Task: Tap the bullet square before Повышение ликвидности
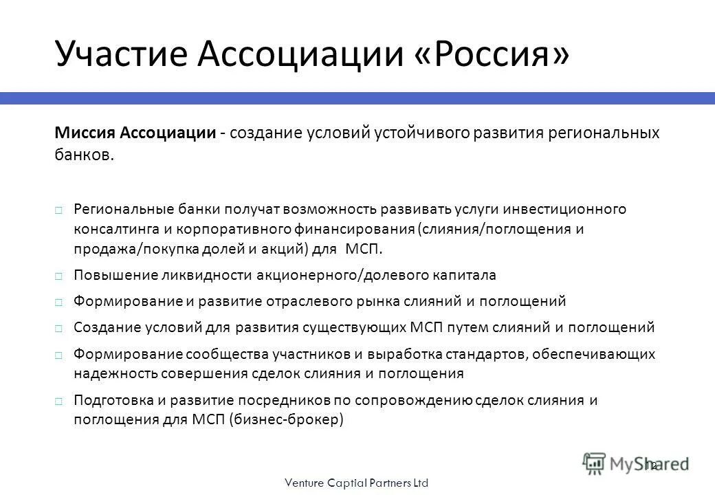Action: pos(59,276)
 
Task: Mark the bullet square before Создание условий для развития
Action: pos(59,328)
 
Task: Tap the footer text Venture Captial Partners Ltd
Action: pos(357,483)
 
